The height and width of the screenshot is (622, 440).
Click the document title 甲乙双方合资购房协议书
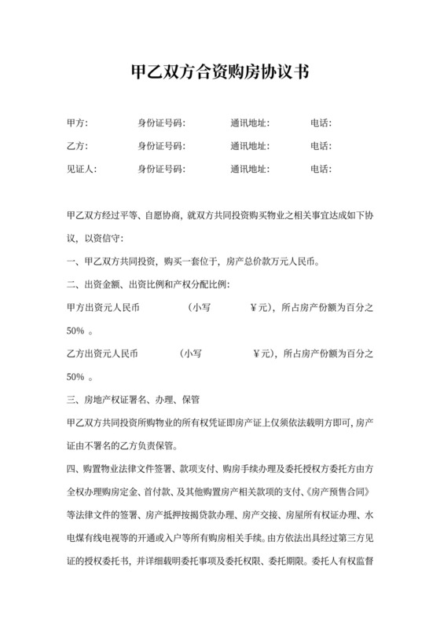219,72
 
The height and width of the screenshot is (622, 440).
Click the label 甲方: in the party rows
78,123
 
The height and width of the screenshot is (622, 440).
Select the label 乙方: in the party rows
78,146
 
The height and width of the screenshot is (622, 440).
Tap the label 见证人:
82,169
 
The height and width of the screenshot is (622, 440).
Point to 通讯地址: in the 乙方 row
251,146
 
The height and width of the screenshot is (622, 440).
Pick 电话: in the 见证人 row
321,169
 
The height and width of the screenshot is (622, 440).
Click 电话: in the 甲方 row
321,123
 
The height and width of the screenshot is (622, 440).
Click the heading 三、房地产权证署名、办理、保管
128,399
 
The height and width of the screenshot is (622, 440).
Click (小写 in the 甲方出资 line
200,307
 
